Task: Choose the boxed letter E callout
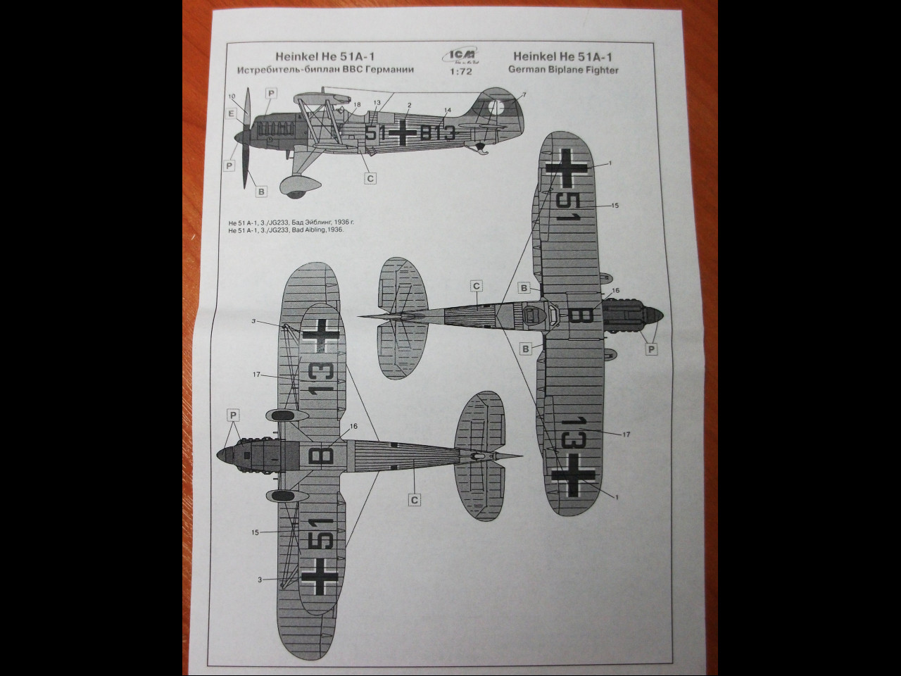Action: click(x=231, y=113)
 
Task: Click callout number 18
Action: click(x=357, y=105)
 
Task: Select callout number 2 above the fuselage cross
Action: click(x=409, y=106)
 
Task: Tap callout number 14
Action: click(x=448, y=111)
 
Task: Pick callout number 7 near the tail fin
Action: click(x=524, y=95)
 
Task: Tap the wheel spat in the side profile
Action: click(x=298, y=185)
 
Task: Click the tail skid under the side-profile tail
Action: click(x=481, y=149)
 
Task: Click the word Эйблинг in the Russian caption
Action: click(x=310, y=222)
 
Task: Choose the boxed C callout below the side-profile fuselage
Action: click(x=370, y=178)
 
